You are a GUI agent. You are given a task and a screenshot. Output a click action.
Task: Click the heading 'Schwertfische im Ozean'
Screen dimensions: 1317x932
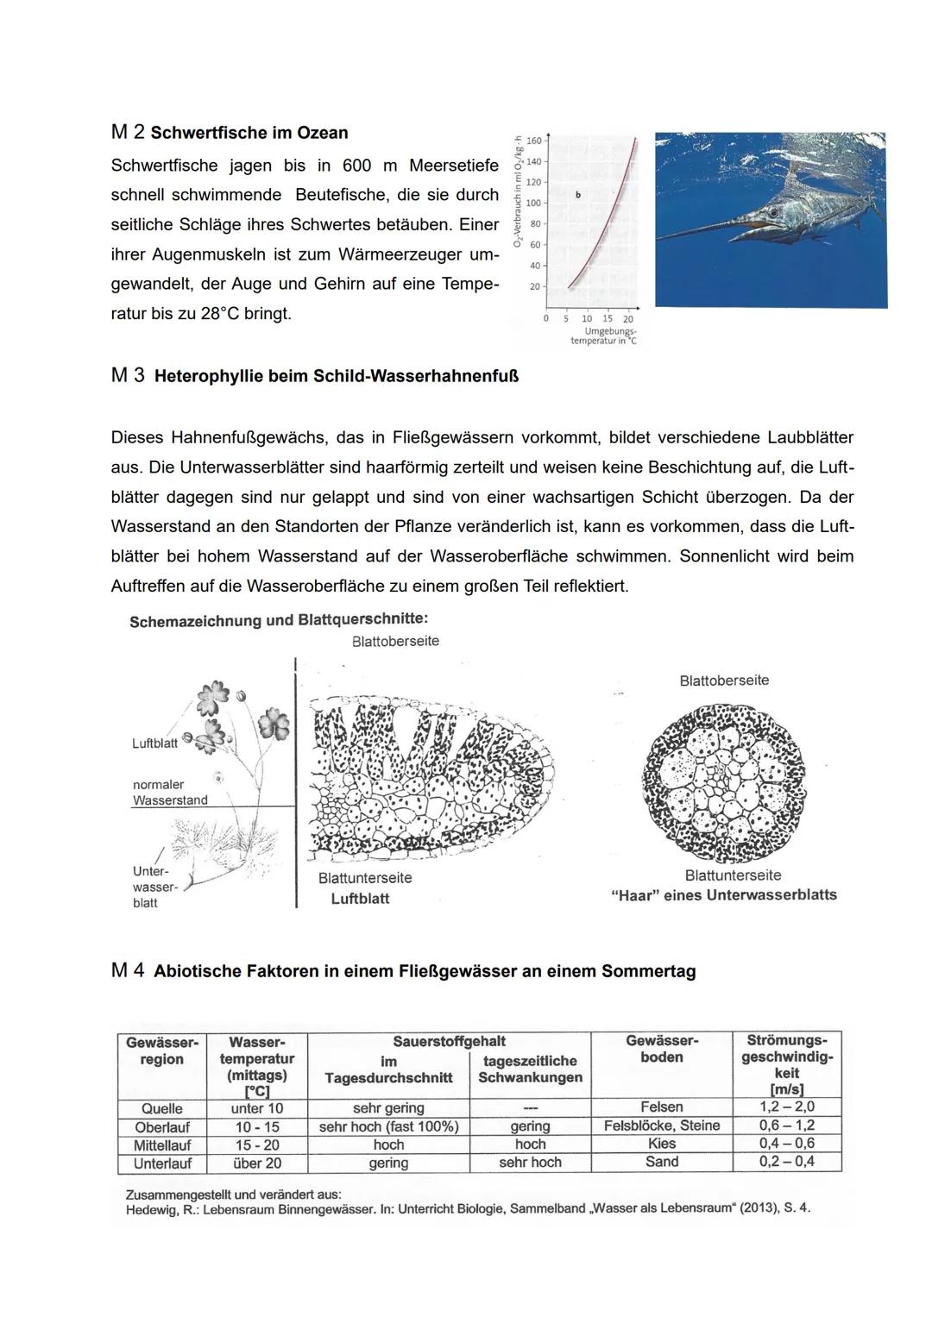pyautogui.click(x=249, y=133)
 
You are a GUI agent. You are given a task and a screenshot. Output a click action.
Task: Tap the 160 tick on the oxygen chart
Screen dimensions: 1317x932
pyautogui.click(x=533, y=141)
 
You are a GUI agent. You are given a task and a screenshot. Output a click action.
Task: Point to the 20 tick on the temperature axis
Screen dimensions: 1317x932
pyautogui.click(x=628, y=319)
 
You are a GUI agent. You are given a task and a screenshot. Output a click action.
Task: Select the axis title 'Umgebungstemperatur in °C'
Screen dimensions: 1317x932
pyautogui.click(x=603, y=336)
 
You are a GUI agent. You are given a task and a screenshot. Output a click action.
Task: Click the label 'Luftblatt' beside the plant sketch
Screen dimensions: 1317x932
pyautogui.click(x=154, y=743)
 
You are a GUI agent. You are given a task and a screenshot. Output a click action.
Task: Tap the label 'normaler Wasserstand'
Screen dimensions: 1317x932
pyautogui.click(x=170, y=793)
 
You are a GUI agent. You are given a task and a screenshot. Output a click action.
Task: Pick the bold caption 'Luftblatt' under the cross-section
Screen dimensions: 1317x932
pyautogui.click(x=360, y=899)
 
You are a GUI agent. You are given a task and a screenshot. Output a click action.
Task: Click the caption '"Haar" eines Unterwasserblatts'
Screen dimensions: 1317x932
pyautogui.click(x=723, y=895)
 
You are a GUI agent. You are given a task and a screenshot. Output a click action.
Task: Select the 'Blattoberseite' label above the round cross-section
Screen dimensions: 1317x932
pyautogui.click(x=724, y=680)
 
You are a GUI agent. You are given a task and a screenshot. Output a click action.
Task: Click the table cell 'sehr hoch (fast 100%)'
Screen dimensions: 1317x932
pyautogui.click(x=388, y=1126)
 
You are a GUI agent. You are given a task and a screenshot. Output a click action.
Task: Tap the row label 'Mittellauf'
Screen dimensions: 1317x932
pyautogui.click(x=161, y=1145)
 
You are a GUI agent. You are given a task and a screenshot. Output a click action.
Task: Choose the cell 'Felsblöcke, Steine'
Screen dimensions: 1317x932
pyautogui.click(x=662, y=1126)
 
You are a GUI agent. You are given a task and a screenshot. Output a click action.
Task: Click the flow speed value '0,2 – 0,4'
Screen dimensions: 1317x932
pyautogui.click(x=787, y=1162)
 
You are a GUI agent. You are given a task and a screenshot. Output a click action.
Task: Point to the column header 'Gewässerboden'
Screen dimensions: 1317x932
pyautogui.click(x=662, y=1049)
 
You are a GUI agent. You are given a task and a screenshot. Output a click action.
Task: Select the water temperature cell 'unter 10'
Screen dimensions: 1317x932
pyautogui.click(x=257, y=1108)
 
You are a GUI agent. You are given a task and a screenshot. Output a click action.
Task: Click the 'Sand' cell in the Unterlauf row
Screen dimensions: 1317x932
pyautogui.click(x=662, y=1162)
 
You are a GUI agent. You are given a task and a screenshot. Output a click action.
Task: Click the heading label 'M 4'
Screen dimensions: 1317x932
pyautogui.click(x=128, y=970)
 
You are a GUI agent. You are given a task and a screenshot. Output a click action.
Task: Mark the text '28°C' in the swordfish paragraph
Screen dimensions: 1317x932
pyautogui.click(x=220, y=314)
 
